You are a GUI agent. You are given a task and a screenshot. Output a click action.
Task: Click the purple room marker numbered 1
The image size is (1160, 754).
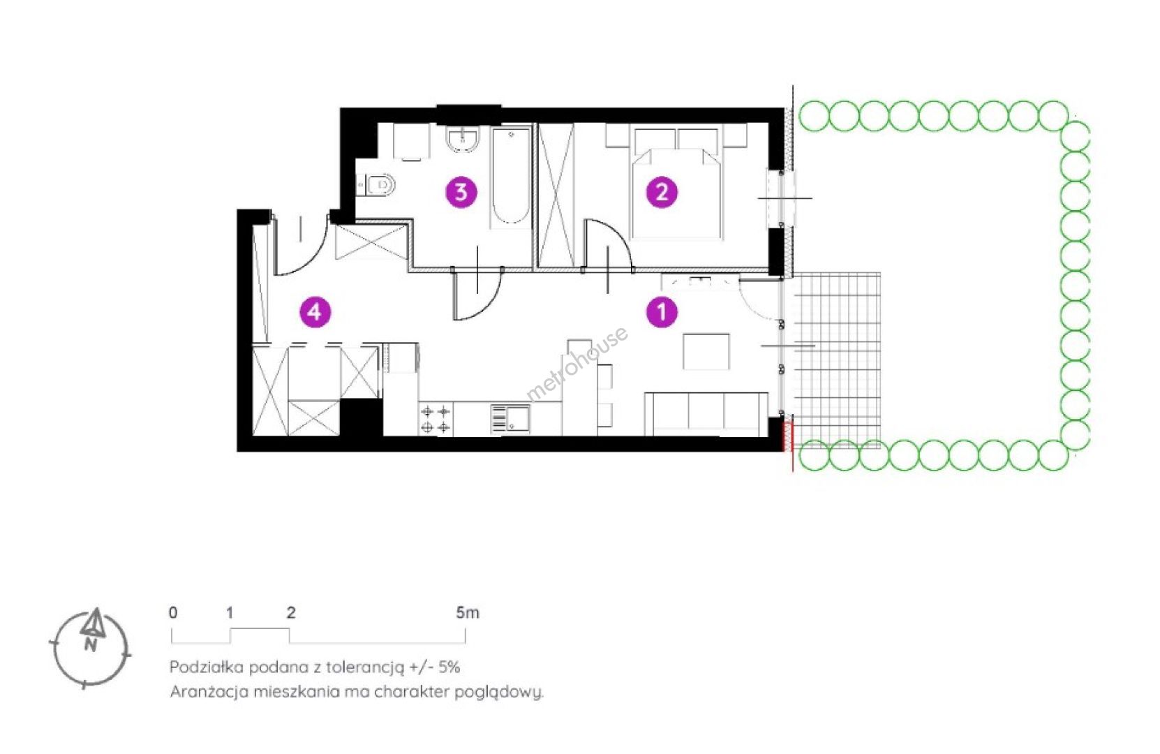point(662,312)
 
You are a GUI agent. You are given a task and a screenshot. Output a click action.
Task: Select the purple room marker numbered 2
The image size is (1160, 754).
point(662,193)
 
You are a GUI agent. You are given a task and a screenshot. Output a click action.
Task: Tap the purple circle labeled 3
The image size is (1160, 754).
point(461,193)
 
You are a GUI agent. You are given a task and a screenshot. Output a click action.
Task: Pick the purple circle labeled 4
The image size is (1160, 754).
point(315,312)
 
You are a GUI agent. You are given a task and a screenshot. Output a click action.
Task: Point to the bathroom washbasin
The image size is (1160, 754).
point(463,139)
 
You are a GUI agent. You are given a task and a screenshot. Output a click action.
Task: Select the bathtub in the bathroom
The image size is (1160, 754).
point(511,176)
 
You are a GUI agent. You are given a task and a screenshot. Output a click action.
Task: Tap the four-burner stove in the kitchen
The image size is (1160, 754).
point(436,420)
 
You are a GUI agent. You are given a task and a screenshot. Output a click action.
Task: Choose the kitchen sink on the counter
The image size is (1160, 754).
point(510,418)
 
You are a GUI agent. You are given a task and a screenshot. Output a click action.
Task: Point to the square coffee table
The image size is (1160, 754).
point(706,352)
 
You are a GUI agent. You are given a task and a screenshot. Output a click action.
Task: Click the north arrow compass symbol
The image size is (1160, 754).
point(91,648)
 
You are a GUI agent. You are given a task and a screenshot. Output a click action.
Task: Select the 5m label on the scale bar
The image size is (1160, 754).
point(467,613)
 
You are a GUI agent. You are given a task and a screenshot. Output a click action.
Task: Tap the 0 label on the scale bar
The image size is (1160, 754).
point(173,613)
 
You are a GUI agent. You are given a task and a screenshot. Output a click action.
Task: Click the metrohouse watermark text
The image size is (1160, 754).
point(577,363)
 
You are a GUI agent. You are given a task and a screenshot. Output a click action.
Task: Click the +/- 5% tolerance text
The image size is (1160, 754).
point(435,667)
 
